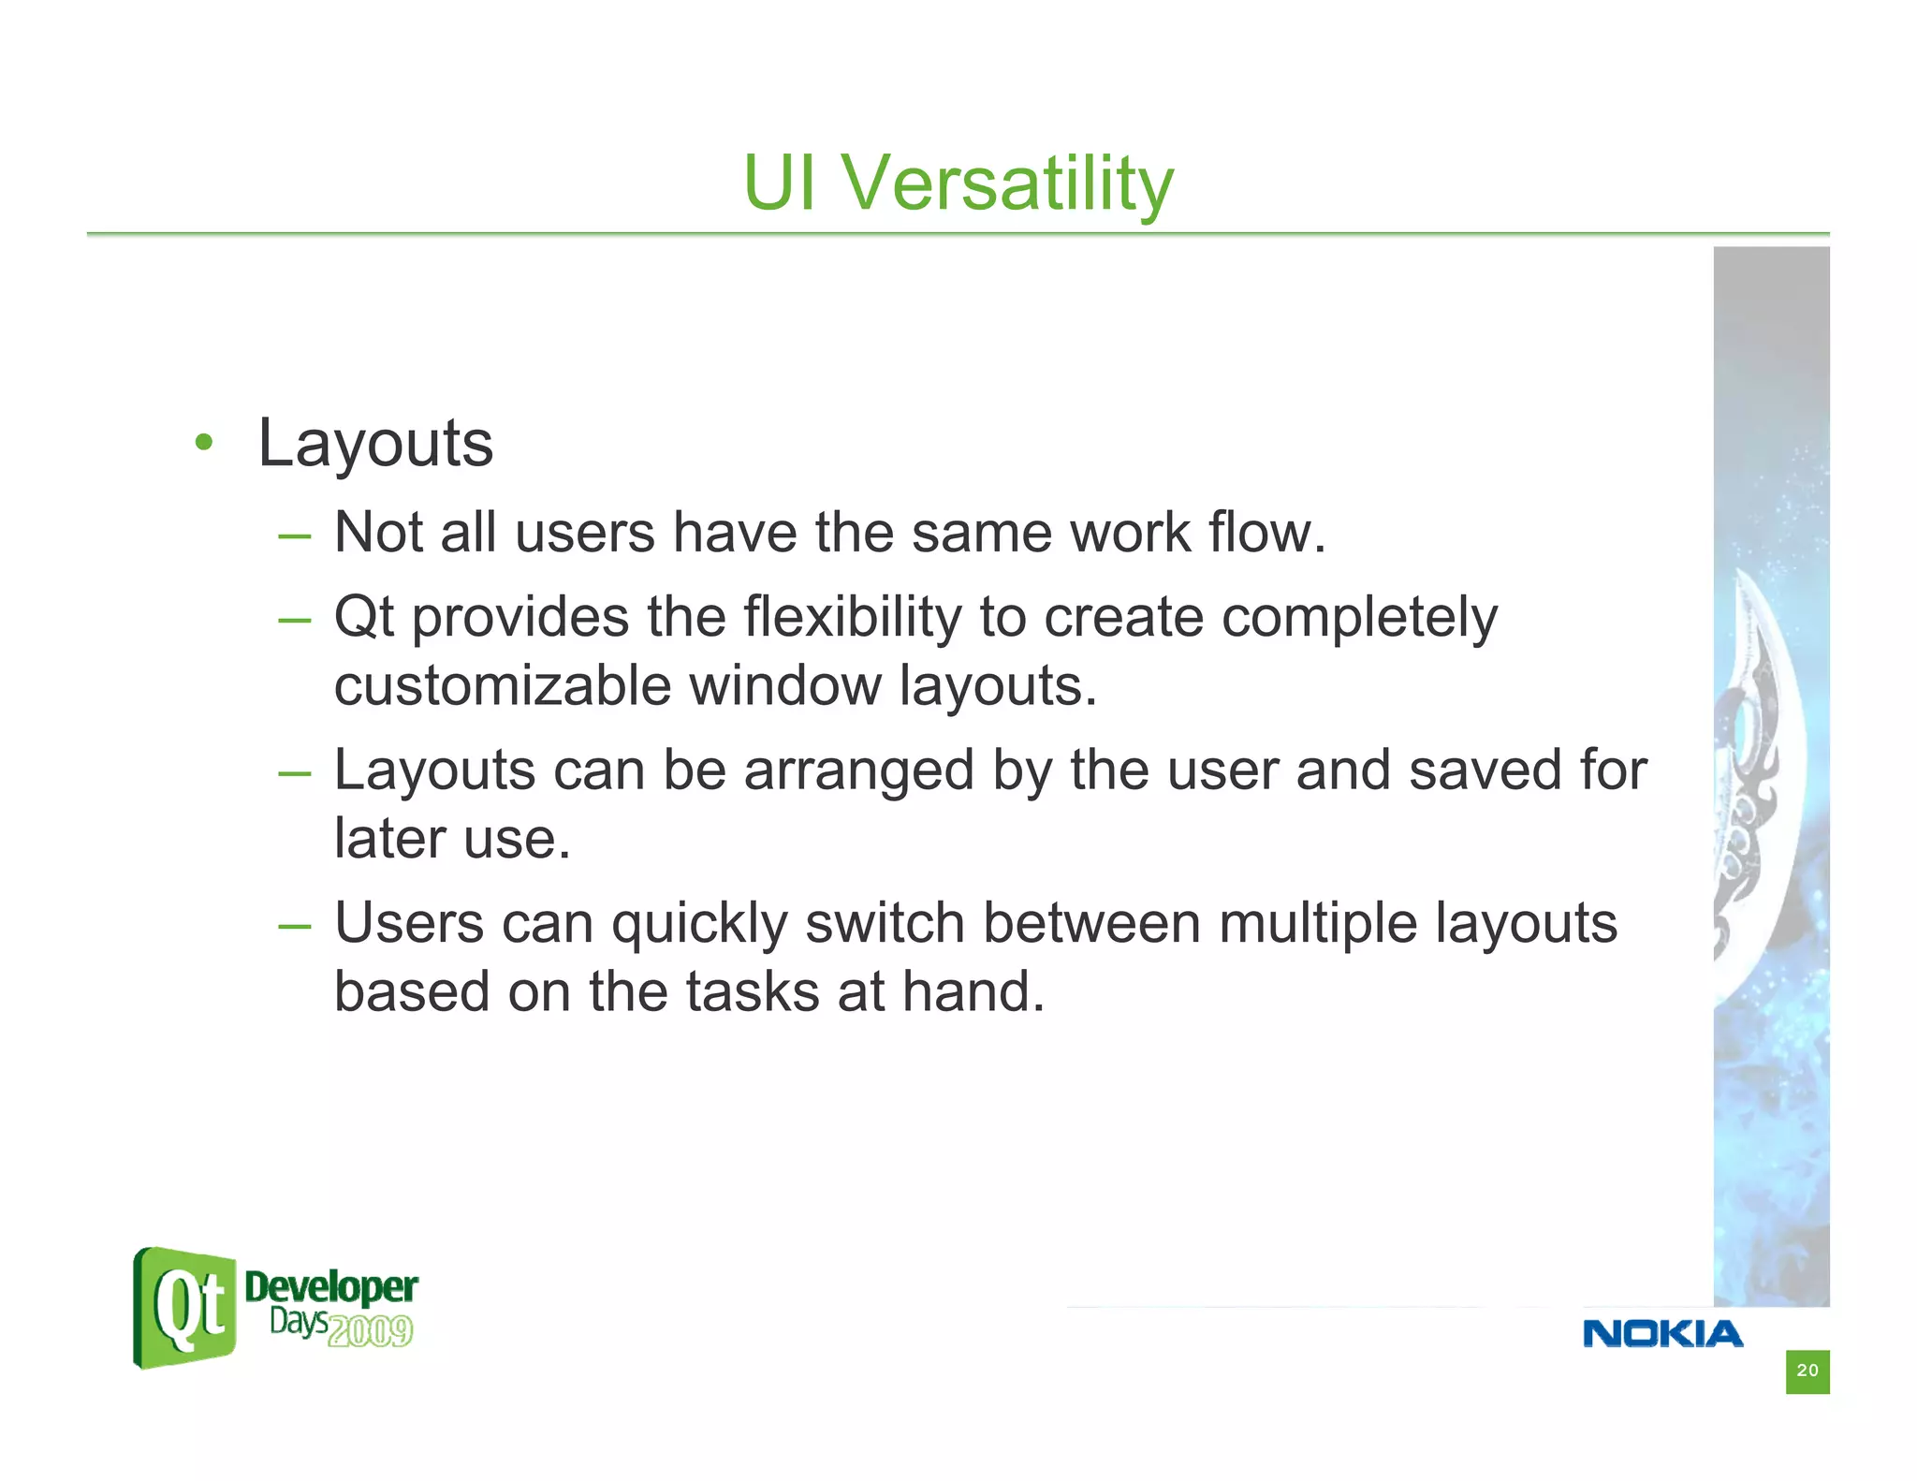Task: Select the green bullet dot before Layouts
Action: point(204,443)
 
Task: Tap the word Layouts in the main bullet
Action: point(374,445)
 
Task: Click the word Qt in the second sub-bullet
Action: point(363,618)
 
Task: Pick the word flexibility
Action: point(852,618)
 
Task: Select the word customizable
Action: point(503,686)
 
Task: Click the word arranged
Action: point(858,771)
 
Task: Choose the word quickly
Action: point(699,925)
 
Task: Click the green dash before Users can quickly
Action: point(294,926)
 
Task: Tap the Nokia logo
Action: point(1662,1334)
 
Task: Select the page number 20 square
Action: point(1807,1371)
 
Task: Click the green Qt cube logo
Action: point(184,1308)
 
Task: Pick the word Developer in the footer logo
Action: point(330,1287)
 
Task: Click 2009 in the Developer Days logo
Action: point(371,1330)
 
